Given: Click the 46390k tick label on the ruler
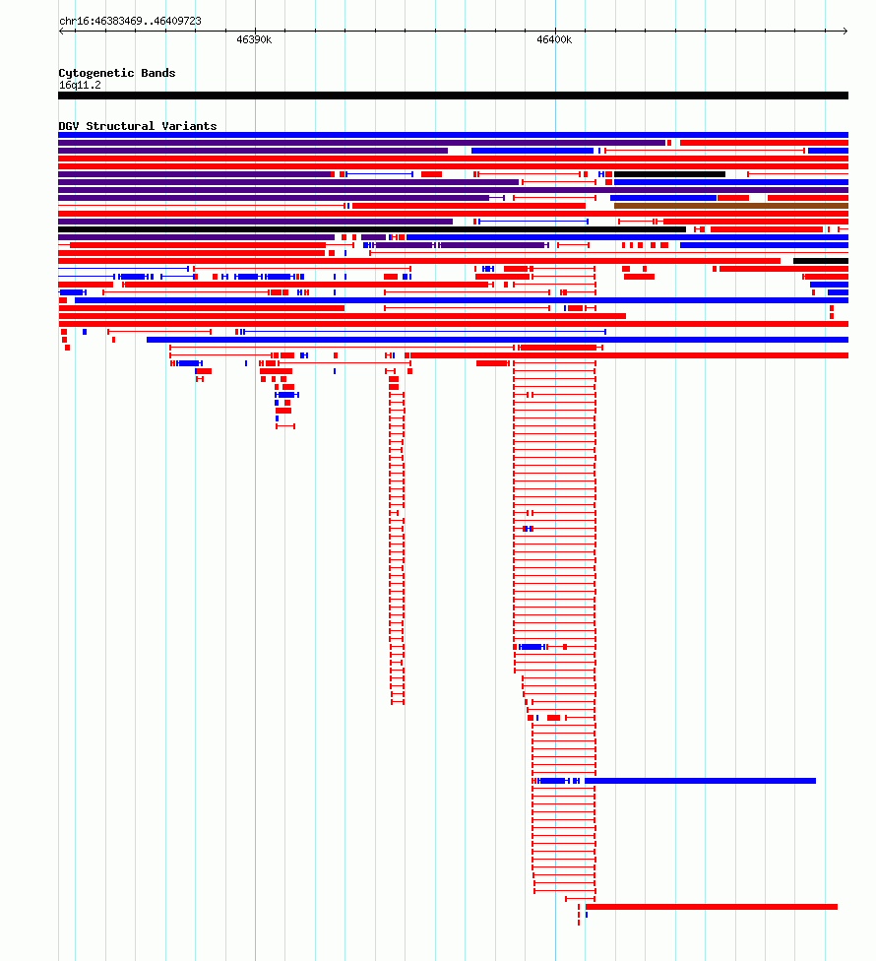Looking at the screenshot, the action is (254, 39).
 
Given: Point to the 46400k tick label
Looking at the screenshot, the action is (554, 39).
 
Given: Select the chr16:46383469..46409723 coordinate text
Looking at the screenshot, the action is (131, 21).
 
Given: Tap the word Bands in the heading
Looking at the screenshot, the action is (158, 73).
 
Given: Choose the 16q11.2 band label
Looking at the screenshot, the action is (80, 86).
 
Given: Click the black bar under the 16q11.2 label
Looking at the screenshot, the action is (454, 96).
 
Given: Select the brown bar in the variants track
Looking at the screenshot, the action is (730, 206).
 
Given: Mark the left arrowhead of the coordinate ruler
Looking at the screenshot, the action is (61, 31).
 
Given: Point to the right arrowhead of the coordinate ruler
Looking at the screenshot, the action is (845, 31).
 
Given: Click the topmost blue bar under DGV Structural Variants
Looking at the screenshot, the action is (454, 135).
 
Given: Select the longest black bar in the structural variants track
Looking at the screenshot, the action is (372, 229).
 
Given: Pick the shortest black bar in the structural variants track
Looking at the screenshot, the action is (821, 261).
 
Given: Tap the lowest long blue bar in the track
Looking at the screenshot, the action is (700, 781).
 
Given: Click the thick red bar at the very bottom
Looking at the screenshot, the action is (712, 907).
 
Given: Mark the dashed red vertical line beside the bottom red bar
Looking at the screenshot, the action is (579, 915).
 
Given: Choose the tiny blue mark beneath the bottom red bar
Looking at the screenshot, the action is (587, 915).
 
